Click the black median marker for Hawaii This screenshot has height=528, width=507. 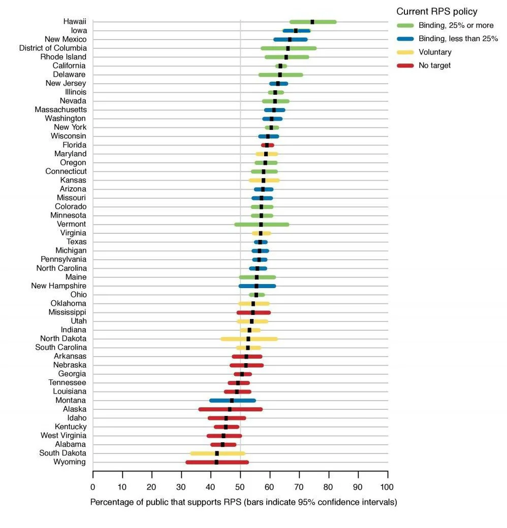(x=312, y=22)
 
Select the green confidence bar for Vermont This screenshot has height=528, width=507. (x=262, y=225)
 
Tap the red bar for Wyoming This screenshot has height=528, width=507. (x=217, y=463)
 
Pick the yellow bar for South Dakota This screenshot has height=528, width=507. (x=217, y=453)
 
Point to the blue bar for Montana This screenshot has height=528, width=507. (x=232, y=400)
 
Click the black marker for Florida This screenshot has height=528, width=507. (x=267, y=145)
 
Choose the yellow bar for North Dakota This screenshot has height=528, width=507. (x=249, y=339)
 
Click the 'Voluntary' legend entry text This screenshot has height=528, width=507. (x=435, y=52)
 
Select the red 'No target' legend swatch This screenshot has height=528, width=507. (x=405, y=65)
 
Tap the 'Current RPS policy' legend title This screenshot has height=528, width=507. (x=437, y=12)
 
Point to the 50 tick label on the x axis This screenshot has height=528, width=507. (x=240, y=487)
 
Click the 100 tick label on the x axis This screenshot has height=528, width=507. (x=387, y=487)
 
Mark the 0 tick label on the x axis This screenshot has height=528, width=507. (x=93, y=487)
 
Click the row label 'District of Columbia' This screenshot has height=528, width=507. (x=53, y=48)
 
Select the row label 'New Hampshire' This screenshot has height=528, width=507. (x=59, y=286)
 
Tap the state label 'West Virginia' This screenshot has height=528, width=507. (x=64, y=436)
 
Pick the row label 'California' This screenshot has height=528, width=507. (x=69, y=65)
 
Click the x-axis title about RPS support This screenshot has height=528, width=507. (x=243, y=502)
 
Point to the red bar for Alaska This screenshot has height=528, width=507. (x=231, y=409)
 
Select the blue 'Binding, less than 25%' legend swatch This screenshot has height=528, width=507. (x=405, y=39)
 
